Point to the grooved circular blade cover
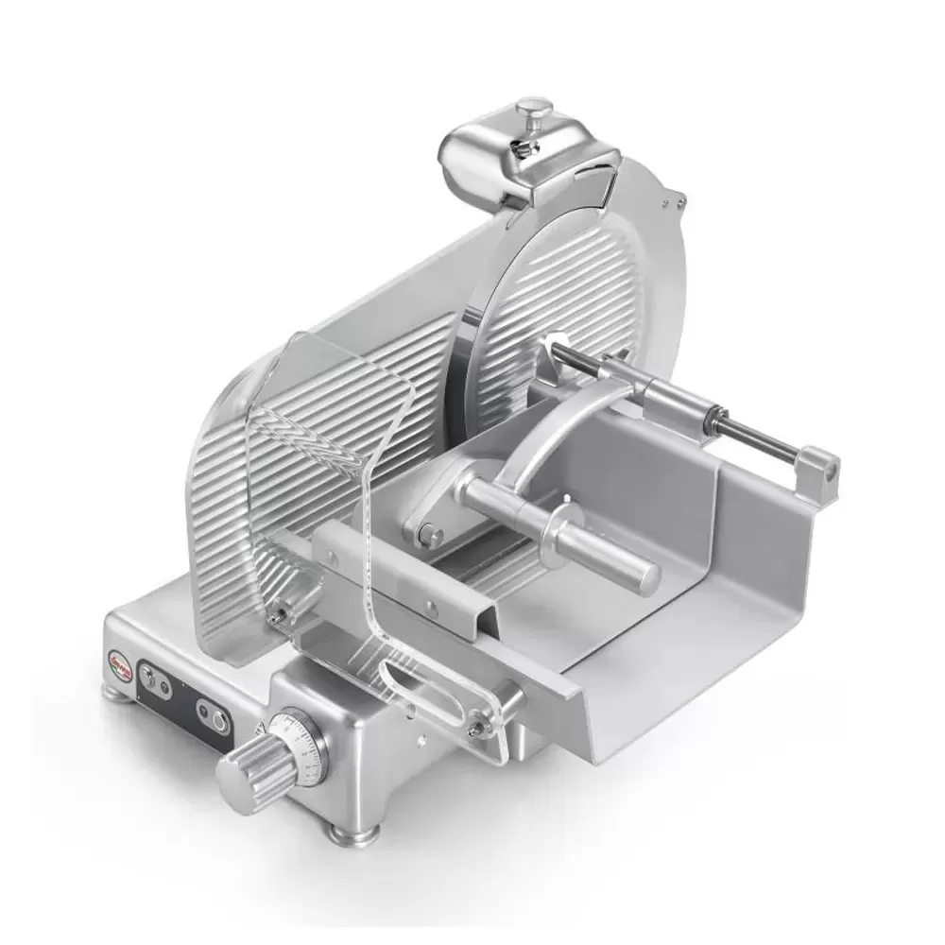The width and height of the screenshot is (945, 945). tap(558, 283)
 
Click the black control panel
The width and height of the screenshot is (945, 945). tap(184, 695)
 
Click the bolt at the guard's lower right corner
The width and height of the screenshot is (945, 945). tap(481, 726)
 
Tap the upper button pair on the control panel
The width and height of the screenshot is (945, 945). tap(151, 677)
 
